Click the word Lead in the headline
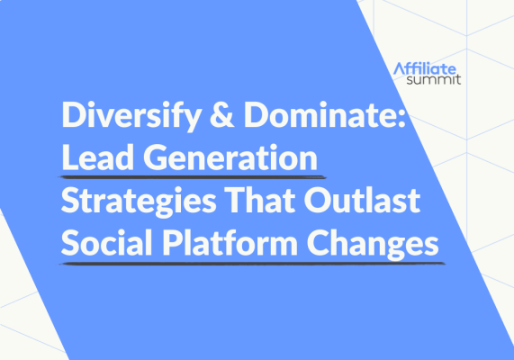[x=94, y=159]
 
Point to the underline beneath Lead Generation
[x=189, y=178]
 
